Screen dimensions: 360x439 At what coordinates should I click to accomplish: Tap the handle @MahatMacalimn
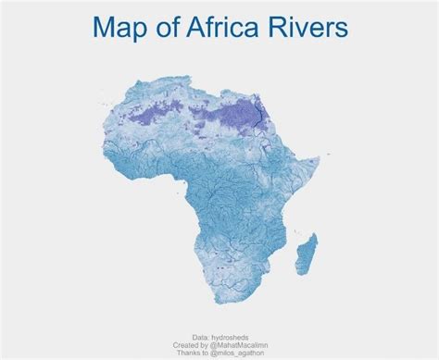tap(239, 344)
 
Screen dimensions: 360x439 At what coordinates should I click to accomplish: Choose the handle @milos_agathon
tap(237, 352)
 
